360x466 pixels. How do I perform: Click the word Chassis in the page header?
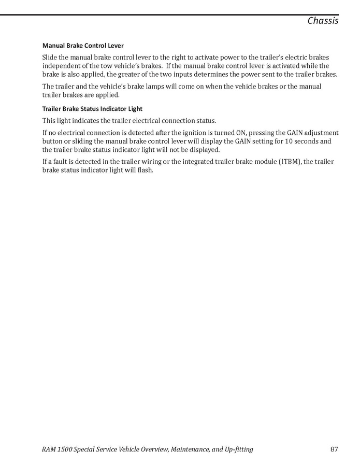[323, 21]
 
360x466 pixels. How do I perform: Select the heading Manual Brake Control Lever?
[83, 46]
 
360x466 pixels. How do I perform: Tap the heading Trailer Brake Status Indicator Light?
[92, 109]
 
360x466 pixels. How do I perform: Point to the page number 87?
[334, 449]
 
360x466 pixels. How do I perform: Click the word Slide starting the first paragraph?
[50, 57]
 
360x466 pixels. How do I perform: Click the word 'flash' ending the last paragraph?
[146, 170]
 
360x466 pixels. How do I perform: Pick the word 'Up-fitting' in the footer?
[238, 449]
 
